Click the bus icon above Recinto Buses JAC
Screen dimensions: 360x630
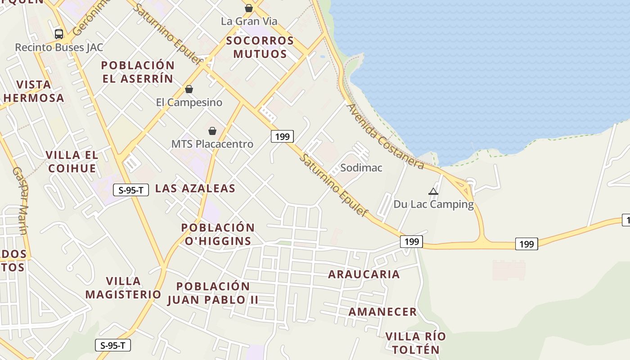59,34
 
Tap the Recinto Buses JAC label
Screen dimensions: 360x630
59,47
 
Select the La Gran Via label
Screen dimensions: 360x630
249,21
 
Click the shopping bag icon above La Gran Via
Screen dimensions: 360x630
249,8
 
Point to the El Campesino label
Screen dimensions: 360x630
189,102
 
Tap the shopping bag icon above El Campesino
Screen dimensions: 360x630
189,89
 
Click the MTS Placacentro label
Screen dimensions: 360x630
212,144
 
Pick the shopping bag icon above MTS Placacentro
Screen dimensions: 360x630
212,131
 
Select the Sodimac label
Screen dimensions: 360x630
361,168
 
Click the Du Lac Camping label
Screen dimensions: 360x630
433,204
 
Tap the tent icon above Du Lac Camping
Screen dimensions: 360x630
433,191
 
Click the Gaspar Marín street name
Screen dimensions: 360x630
20,201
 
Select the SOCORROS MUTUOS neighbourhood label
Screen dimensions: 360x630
260,47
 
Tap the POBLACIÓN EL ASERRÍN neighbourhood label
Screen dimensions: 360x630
137,72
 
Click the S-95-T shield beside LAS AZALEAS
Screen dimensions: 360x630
131,190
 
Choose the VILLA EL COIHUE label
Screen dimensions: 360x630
72,162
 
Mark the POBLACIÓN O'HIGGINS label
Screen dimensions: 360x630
218,234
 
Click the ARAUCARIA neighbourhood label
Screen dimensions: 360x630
364,274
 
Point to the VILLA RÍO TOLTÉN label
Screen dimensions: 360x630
415,343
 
